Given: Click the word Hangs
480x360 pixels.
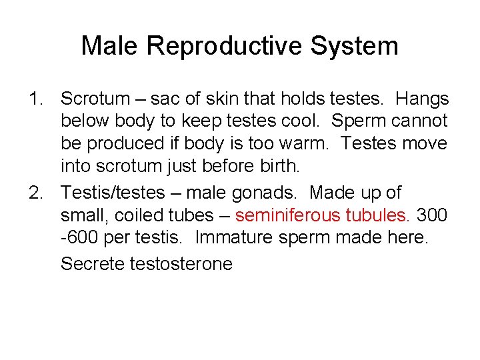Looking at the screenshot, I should coord(423,99).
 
